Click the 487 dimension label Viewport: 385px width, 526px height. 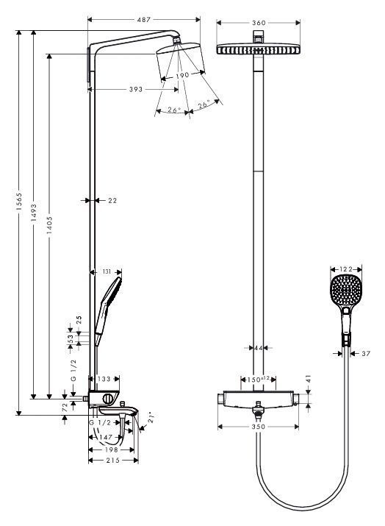click(x=143, y=20)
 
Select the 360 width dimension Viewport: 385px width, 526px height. click(x=259, y=23)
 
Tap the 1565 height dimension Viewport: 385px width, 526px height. click(x=19, y=202)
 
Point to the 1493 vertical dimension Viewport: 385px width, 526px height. click(x=34, y=213)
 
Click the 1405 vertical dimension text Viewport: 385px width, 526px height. click(x=49, y=225)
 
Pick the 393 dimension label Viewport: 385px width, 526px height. click(x=136, y=89)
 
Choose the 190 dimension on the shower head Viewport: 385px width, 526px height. click(x=183, y=75)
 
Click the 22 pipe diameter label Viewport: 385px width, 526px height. click(x=112, y=201)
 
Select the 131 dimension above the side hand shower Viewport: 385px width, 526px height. click(x=107, y=271)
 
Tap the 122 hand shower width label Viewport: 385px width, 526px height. click(x=346, y=269)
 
